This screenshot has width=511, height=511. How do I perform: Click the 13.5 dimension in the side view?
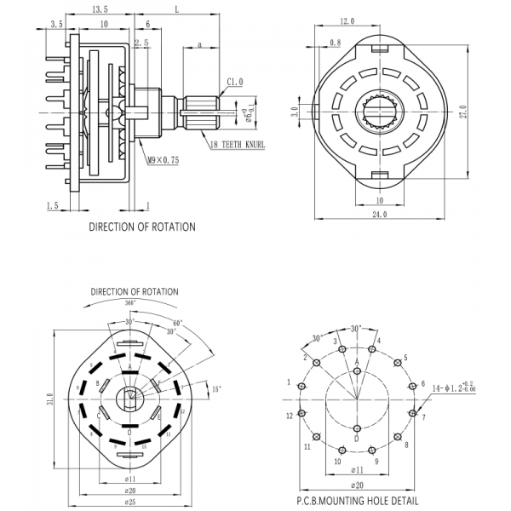(x=101, y=9)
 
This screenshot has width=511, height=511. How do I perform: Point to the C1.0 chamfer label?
(x=235, y=81)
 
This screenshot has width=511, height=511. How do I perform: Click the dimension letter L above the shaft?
(x=175, y=9)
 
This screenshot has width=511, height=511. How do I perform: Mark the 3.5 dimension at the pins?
(x=57, y=25)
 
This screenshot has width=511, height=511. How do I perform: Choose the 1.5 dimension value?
(x=52, y=205)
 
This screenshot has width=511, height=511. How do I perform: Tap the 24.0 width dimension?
(x=378, y=215)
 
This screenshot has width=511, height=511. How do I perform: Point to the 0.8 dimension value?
(x=335, y=42)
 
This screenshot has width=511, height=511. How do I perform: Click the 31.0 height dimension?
(x=52, y=399)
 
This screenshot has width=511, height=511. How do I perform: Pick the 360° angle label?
(x=129, y=302)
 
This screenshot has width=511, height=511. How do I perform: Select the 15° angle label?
(x=216, y=389)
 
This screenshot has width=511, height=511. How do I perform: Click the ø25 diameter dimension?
(x=129, y=502)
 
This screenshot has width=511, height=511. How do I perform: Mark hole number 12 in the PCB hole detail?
(x=290, y=415)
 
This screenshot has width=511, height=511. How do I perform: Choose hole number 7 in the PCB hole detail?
(x=424, y=418)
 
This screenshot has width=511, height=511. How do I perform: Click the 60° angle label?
(x=177, y=324)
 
